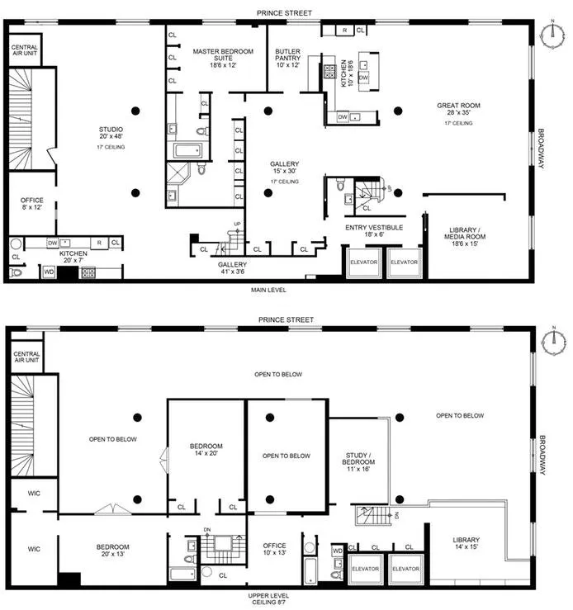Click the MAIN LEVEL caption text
pyautogui.click(x=273, y=290)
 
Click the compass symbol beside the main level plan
pyautogui.click(x=552, y=32)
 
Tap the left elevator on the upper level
pyautogui.click(x=364, y=569)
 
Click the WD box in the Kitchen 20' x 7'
pyautogui.click(x=49, y=271)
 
